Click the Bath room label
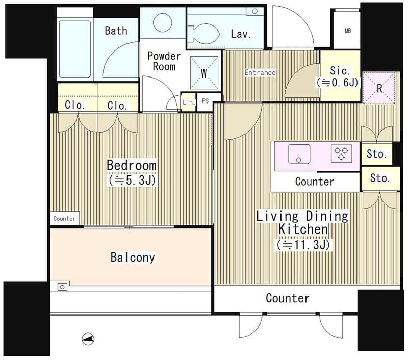[x=116, y=31]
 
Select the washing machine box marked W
[x=204, y=73]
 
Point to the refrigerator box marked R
[x=379, y=88]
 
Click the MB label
[x=348, y=31]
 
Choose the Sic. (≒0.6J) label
[x=338, y=76]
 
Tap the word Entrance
[x=260, y=72]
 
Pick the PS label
[x=206, y=100]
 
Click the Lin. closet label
[x=189, y=102]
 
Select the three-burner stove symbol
[x=341, y=153]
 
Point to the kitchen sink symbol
[x=299, y=154]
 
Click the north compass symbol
[x=88, y=339]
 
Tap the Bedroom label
[x=132, y=165]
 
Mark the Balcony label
[x=133, y=258]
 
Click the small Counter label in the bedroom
[x=65, y=218]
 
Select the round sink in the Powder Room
[x=163, y=23]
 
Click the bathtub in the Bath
[x=75, y=49]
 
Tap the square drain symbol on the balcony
[x=62, y=287]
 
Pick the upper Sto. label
[x=376, y=154]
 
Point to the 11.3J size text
[x=303, y=245]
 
